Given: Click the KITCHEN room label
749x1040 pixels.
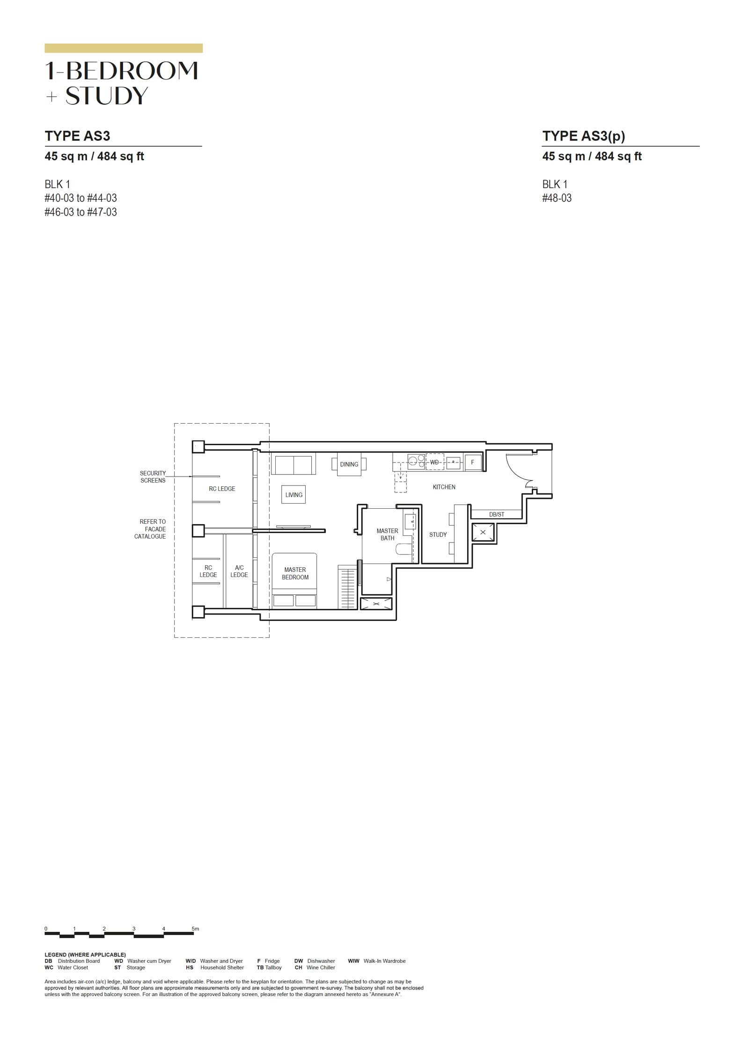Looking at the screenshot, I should (444, 487).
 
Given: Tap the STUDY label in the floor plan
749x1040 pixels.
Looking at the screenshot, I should (438, 534).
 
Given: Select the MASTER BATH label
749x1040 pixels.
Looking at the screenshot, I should (387, 534).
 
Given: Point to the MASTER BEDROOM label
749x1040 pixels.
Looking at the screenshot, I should (295, 573).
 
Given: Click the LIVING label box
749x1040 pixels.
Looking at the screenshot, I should (294, 495).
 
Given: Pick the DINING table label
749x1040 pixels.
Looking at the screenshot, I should (349, 464).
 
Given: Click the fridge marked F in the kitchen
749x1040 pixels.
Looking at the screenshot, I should (472, 462).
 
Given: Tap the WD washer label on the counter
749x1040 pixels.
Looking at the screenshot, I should (434, 462).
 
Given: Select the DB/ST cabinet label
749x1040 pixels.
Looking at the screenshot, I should (497, 514).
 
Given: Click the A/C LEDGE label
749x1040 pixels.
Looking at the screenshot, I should (239, 571).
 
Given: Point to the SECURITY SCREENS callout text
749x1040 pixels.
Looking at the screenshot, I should (153, 477).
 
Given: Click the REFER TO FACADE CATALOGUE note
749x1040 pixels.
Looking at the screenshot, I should (150, 529).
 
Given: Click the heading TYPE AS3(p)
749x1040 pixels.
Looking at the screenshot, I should (583, 136).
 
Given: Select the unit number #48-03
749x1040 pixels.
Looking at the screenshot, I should (557, 198).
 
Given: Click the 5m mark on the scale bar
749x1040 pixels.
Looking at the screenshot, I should (195, 929).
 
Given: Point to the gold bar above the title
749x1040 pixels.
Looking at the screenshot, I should (124, 48).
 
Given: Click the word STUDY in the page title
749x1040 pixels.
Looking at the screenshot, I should (107, 96).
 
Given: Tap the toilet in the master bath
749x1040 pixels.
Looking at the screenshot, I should (404, 549).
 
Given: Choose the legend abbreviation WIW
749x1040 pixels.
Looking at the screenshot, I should (353, 961).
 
